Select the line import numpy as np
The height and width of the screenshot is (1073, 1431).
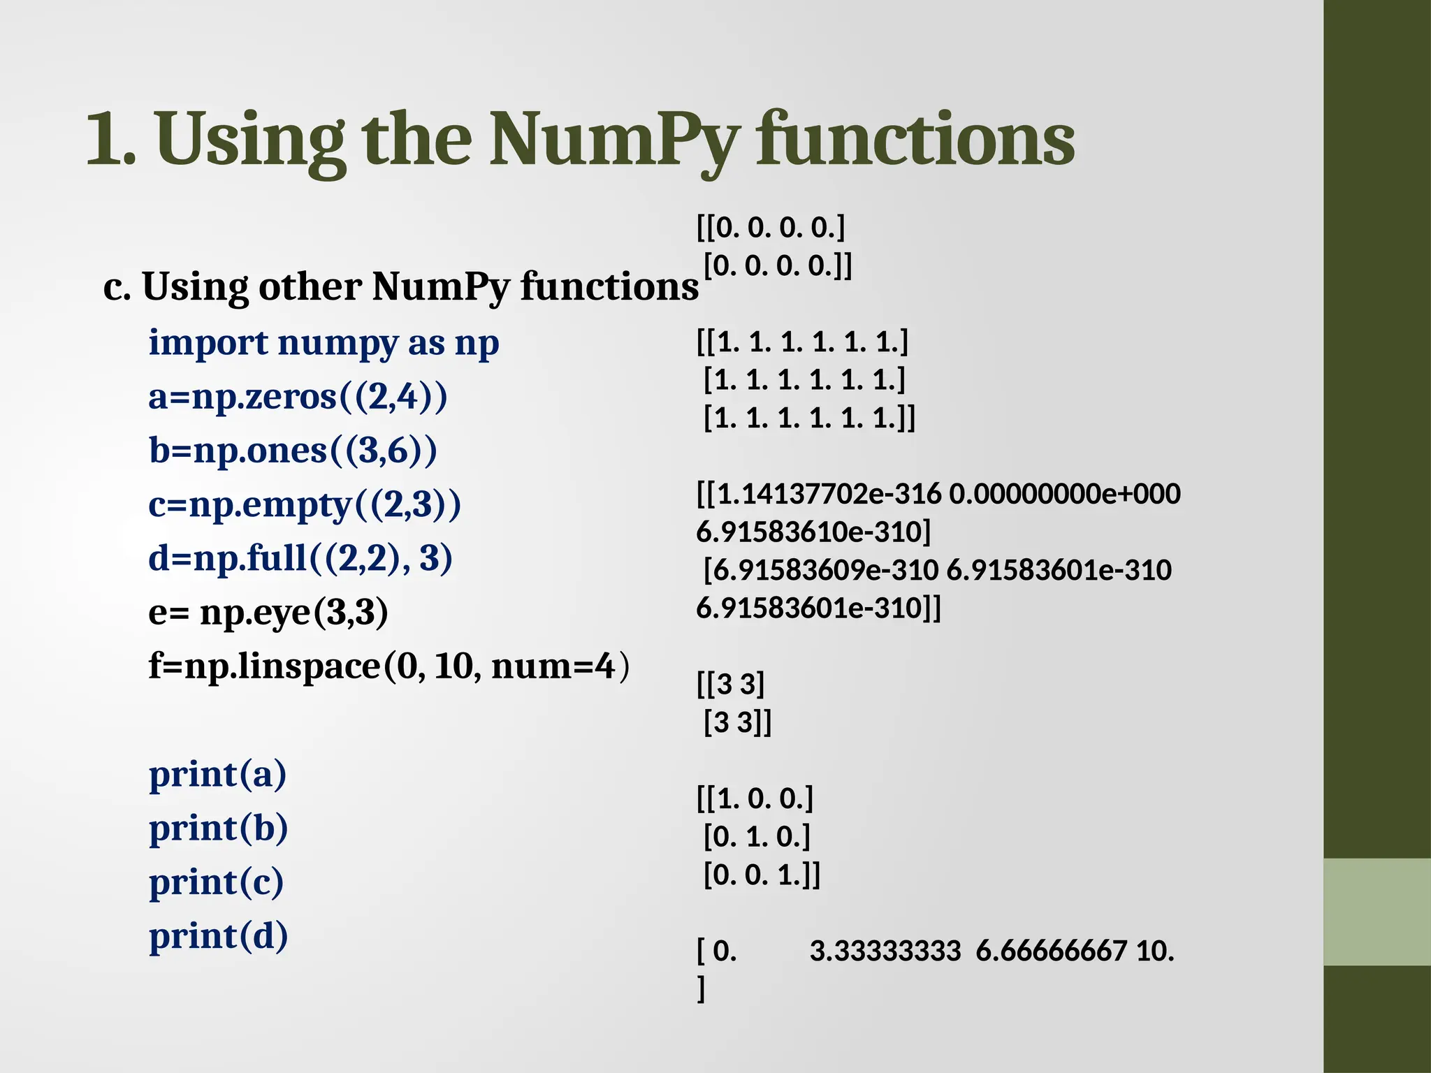(x=324, y=343)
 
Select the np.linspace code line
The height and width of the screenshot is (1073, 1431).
(x=388, y=666)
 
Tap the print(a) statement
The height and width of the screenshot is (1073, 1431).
(x=217, y=774)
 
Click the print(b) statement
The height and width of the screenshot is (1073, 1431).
(x=218, y=828)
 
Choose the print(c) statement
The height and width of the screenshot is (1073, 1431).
(x=216, y=882)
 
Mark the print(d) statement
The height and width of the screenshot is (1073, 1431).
(x=218, y=936)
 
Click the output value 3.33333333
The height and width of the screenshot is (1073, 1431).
(x=885, y=951)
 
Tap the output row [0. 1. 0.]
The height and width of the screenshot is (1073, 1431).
(x=757, y=836)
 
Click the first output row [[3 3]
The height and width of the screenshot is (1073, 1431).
(x=731, y=684)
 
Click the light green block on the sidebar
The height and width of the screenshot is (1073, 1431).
(x=1376, y=912)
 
